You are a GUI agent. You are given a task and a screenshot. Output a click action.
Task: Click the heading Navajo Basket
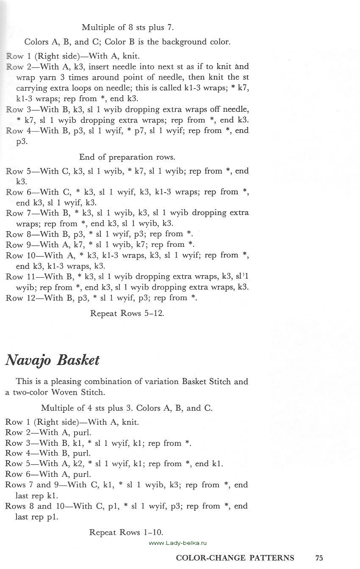click(52, 360)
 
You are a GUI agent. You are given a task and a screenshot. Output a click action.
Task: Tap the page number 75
click(319, 558)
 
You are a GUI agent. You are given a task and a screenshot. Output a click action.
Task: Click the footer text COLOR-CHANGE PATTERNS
click(235, 558)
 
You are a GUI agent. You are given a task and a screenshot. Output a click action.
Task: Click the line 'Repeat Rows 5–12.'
click(127, 314)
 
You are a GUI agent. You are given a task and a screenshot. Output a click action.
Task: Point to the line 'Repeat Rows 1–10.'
click(126, 533)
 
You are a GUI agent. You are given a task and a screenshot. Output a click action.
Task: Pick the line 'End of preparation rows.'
click(127, 157)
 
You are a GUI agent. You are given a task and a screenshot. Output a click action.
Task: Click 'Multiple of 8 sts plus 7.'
click(127, 28)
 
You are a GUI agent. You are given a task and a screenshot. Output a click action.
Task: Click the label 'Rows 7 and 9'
click(33, 485)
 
